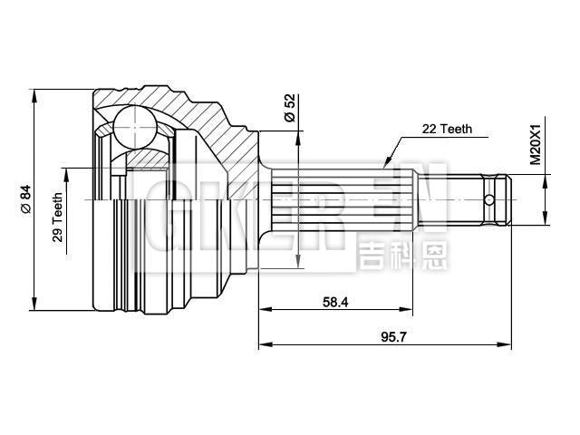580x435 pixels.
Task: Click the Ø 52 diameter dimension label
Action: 290,108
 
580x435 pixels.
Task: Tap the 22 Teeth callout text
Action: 447,130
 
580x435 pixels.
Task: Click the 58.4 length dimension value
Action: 334,302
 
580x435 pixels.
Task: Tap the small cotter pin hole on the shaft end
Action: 489,199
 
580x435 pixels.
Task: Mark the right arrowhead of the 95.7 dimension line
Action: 507,344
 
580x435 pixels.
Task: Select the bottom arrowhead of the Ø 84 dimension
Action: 34,305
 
